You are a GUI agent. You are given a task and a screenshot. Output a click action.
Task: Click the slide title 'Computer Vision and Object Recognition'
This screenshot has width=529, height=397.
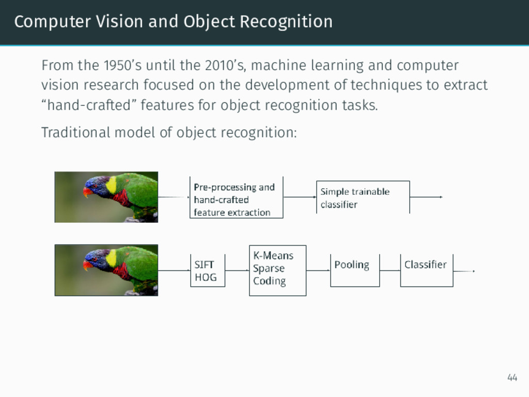pyautogui.click(x=173, y=22)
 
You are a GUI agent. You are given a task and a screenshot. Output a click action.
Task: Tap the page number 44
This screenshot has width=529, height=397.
pyautogui.click(x=512, y=378)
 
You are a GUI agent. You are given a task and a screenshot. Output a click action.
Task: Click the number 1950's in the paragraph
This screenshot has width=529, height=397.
pyautogui.click(x=120, y=66)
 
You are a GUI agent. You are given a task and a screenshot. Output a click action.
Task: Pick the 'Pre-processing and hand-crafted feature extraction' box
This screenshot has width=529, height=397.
pyautogui.click(x=236, y=199)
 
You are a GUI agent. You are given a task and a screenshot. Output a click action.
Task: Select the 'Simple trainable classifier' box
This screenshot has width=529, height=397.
pyautogui.click(x=362, y=197)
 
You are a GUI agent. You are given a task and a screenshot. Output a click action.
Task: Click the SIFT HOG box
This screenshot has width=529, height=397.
pyautogui.click(x=207, y=271)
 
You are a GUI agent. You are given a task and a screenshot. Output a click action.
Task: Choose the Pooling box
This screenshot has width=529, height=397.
pyautogui.click(x=354, y=269)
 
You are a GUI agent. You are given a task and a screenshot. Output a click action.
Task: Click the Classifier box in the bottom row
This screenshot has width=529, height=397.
pyautogui.click(x=426, y=269)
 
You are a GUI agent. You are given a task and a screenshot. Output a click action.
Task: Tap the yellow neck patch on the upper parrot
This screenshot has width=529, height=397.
pyautogui.click(x=111, y=185)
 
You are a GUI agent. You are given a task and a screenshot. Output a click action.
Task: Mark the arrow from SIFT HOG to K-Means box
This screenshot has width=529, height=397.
pyautogui.click(x=237, y=270)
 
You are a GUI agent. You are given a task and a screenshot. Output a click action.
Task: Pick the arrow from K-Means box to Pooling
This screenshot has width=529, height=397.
pyautogui.click(x=318, y=270)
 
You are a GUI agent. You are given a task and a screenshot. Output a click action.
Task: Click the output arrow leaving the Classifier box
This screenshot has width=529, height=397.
pyautogui.click(x=464, y=271)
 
